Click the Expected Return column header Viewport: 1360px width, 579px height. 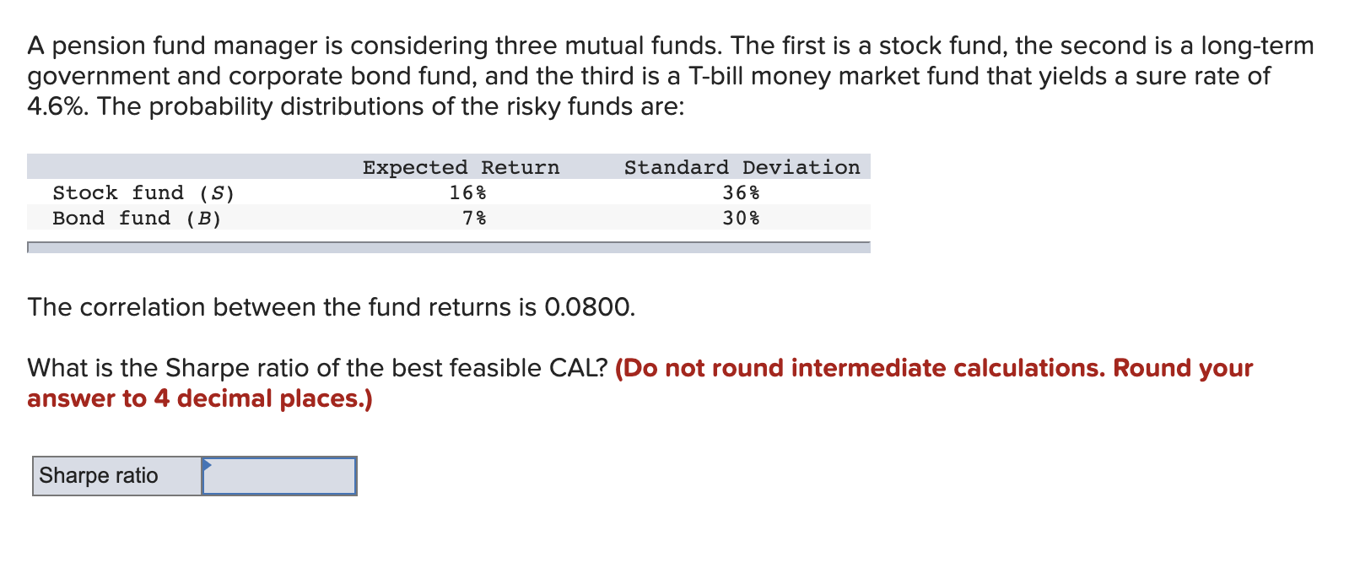click(461, 167)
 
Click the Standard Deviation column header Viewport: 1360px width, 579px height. click(742, 167)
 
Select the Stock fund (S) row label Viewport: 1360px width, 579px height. click(143, 193)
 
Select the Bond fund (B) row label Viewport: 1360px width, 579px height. click(137, 219)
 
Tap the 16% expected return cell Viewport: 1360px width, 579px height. click(467, 193)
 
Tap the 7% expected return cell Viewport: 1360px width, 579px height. click(474, 219)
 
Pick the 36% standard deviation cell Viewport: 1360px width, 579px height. click(741, 193)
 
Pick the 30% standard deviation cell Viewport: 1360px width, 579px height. click(741, 219)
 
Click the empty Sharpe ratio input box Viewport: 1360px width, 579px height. click(279, 477)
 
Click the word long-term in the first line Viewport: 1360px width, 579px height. click(1257, 46)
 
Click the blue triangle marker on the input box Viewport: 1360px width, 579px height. click(207, 463)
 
